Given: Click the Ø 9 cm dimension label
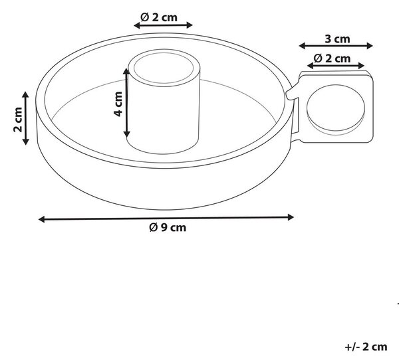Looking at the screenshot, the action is (168, 228).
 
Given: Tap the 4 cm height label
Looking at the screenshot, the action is (118, 104).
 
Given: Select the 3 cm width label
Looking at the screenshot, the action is (337, 39).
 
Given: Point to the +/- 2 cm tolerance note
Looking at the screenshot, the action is (366, 347).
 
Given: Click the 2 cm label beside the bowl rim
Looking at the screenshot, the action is (18, 120).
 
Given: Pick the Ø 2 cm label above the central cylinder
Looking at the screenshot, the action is (159, 17).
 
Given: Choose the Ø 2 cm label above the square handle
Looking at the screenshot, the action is (332, 58).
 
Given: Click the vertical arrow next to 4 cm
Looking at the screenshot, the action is (127, 103).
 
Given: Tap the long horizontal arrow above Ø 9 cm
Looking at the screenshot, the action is (166, 219).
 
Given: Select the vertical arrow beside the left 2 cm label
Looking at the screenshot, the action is (25, 118).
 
